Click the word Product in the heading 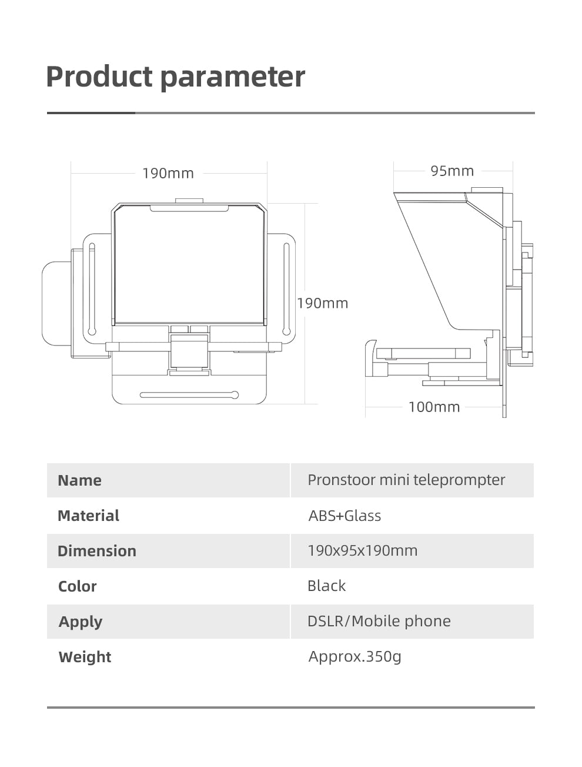coord(99,77)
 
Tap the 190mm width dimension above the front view coord(168,174)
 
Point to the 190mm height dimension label coord(323,303)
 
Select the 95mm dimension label coord(452,171)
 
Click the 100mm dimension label coord(434,407)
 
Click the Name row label coord(80,480)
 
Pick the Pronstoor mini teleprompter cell coord(406,480)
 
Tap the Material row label coord(88,516)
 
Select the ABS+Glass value coord(344,516)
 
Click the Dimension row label coord(97,551)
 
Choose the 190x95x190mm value coord(362,550)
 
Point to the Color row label coord(77,586)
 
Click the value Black coord(326,586)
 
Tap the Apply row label coord(81,622)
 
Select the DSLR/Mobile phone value coord(379,621)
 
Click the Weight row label coord(85,657)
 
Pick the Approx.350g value coord(354,656)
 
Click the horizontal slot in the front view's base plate coord(189,395)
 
